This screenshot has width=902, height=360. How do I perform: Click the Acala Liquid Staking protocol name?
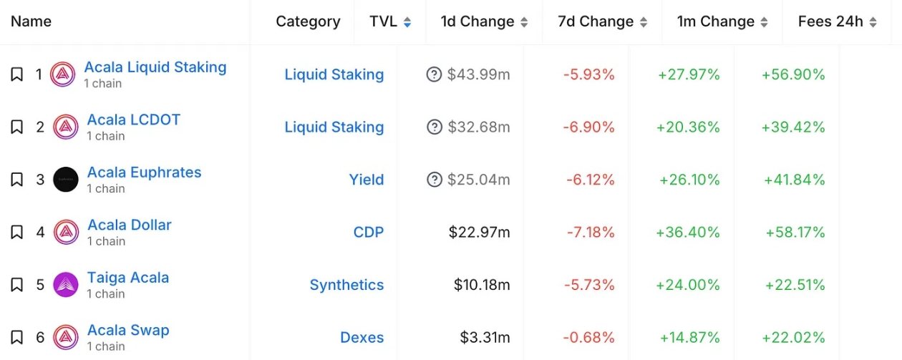pyautogui.click(x=155, y=67)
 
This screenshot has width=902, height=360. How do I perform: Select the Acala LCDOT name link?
pyautogui.click(x=134, y=120)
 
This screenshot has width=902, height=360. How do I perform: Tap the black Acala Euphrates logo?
pyautogui.click(x=66, y=180)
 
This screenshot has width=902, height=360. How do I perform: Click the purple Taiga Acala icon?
pyautogui.click(x=66, y=285)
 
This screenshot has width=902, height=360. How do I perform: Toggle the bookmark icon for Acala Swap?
pyautogui.click(x=17, y=337)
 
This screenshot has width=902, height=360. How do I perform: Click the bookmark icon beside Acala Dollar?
pyautogui.click(x=17, y=232)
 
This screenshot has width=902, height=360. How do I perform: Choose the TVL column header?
pyautogui.click(x=383, y=21)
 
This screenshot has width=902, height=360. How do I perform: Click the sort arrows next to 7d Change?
pyautogui.click(x=644, y=22)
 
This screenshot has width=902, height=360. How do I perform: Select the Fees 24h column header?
pyautogui.click(x=830, y=21)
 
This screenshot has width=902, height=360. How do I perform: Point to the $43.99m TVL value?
pyautogui.click(x=478, y=74)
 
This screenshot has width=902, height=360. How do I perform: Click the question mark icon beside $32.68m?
pyautogui.click(x=434, y=127)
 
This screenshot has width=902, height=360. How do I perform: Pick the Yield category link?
pyautogui.click(x=367, y=180)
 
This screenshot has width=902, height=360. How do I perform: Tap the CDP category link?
pyautogui.click(x=369, y=232)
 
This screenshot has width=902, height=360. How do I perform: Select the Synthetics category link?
pyautogui.click(x=346, y=285)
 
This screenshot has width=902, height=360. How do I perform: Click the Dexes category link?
pyautogui.click(x=362, y=337)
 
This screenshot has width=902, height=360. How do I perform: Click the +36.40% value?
pyautogui.click(x=687, y=232)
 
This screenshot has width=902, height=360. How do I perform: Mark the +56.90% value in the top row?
pyautogui.click(x=793, y=74)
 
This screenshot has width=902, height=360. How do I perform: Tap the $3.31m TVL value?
pyautogui.click(x=485, y=337)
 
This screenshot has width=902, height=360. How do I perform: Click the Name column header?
pyautogui.click(x=31, y=21)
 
